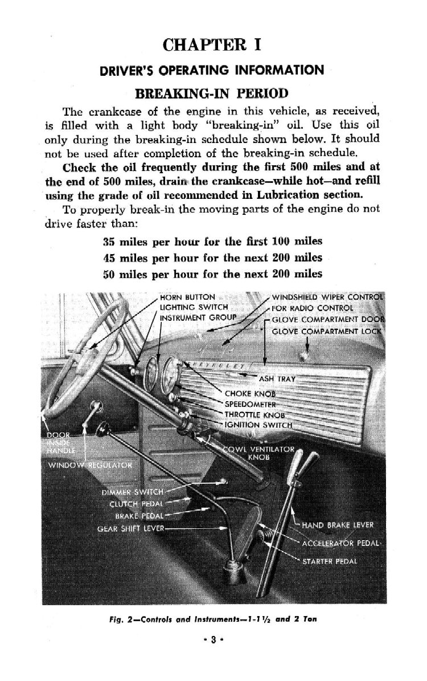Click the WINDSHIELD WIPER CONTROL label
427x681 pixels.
(x=327, y=297)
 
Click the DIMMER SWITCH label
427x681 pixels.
(x=133, y=492)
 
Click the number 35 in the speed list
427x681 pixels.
(x=109, y=241)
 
